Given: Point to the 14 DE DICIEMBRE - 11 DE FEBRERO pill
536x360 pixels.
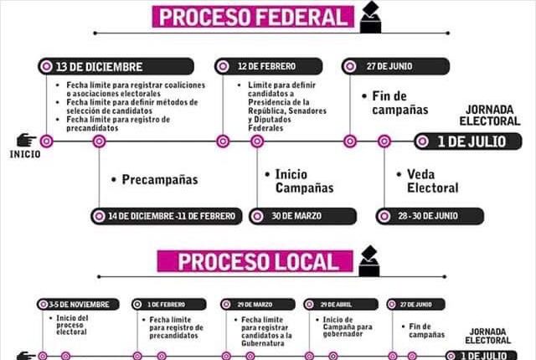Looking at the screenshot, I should (x=167, y=216).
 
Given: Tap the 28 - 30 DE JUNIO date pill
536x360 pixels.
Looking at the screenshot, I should (x=430, y=216).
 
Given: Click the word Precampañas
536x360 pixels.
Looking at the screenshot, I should (x=159, y=180).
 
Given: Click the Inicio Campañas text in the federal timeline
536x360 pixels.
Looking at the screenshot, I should (x=302, y=180).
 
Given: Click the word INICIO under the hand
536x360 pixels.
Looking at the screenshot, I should (x=24, y=154).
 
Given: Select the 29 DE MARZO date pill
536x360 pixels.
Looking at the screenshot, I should (x=258, y=304).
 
